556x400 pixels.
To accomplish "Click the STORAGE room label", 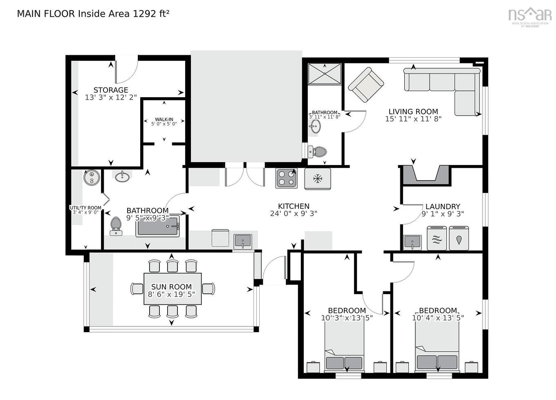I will point(111,90).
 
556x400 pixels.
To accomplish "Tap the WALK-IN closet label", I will point(164,119).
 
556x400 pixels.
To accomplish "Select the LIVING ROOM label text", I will point(413,112).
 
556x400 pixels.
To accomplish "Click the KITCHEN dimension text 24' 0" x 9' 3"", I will point(294,213).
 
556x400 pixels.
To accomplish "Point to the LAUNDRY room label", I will point(443,206).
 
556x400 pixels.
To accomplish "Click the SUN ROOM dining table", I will point(173,289).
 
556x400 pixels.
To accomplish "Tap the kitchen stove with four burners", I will point(286,178).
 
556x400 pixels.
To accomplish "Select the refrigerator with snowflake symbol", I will point(317,179).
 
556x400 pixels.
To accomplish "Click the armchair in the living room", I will point(366,85).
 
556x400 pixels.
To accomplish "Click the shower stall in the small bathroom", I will point(324,74).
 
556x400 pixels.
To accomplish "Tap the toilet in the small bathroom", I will point(318,152).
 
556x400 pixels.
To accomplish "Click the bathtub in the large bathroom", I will point(158,226).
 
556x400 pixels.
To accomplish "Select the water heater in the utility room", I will point(92,177).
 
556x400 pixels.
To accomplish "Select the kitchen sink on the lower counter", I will point(243,241).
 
